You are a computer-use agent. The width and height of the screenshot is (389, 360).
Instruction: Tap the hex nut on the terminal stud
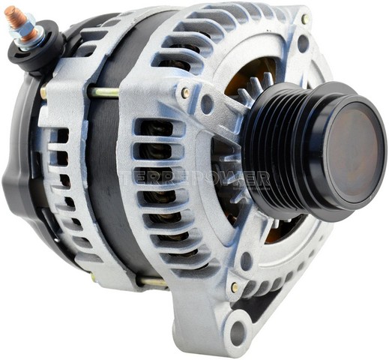click(x=27, y=32)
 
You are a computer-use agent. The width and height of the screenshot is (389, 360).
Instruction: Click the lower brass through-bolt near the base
click(x=150, y=282)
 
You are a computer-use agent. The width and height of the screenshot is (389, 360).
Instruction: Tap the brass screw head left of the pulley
click(x=185, y=93)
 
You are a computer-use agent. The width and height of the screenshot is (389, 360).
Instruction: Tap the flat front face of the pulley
click(x=351, y=150)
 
